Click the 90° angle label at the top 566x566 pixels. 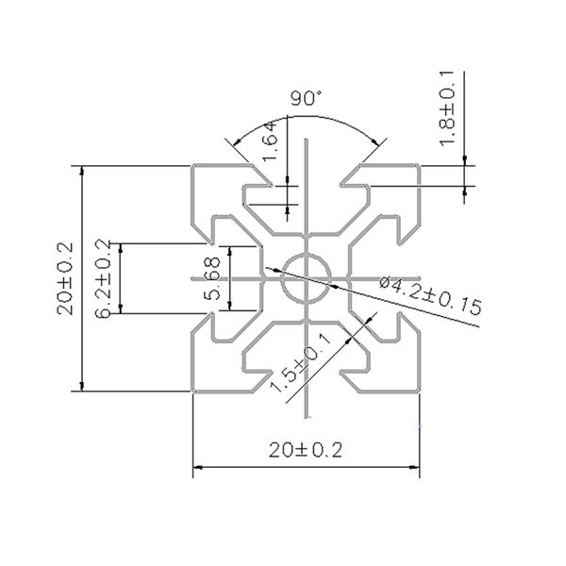pos(306,98)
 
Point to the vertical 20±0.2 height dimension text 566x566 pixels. pos(65,276)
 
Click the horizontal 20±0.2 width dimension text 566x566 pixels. pos(305,450)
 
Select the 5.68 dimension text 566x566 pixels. pos(213,279)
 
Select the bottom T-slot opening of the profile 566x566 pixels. pos(306,382)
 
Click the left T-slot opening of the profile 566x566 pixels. pos(202,278)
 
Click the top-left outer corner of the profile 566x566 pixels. pos(194,167)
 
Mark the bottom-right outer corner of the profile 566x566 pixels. pos(418,390)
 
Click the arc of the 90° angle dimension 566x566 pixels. pos(306,116)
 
